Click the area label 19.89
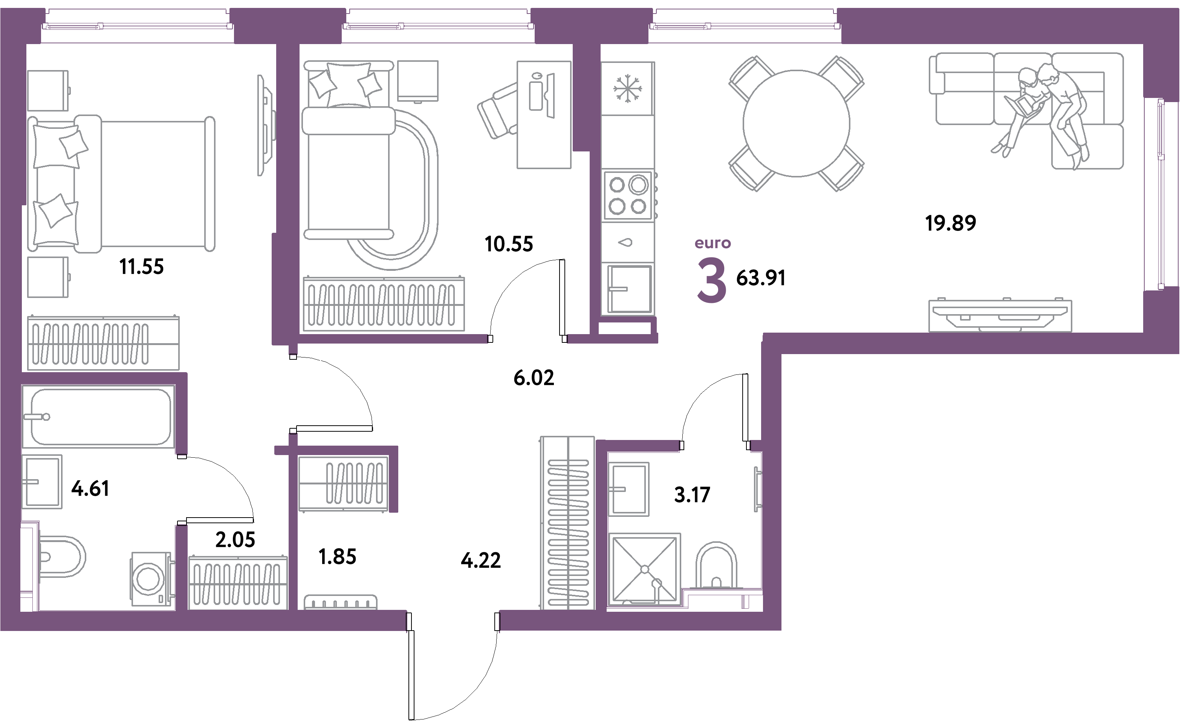[x=951, y=223]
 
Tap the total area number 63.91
[x=761, y=278]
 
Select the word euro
[x=713, y=243]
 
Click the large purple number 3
[x=711, y=280]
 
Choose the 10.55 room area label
[x=509, y=244]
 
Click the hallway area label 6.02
[x=534, y=378]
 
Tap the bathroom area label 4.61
[x=90, y=489]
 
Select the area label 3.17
[x=692, y=495]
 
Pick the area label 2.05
[x=235, y=540]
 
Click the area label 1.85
[x=338, y=557]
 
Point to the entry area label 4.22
[x=481, y=561]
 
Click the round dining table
[x=797, y=124]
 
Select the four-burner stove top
[x=628, y=196]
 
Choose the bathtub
[x=99, y=417]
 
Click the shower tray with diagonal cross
[x=644, y=570]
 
